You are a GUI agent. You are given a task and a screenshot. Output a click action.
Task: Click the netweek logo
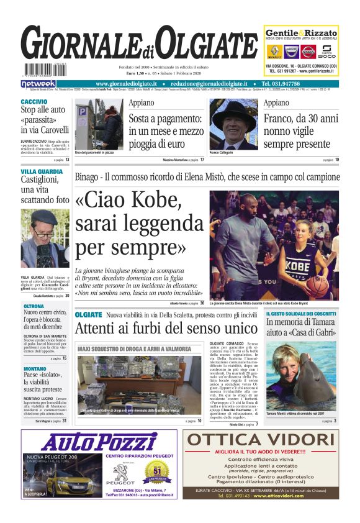click(x=38, y=83)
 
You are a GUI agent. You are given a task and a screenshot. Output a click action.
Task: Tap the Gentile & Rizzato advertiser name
click(x=301, y=33)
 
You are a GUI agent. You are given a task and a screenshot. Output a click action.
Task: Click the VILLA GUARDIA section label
click(x=41, y=171)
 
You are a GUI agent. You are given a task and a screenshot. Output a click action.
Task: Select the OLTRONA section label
click(x=34, y=306)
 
